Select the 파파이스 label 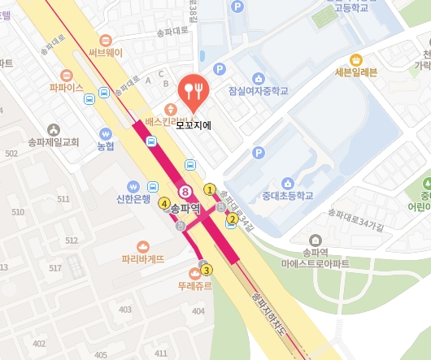66,87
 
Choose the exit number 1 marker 210,189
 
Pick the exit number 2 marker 233,219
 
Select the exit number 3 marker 207,270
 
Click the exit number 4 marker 164,203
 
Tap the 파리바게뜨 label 143,259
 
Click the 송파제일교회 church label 53,142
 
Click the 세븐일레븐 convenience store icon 355,59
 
